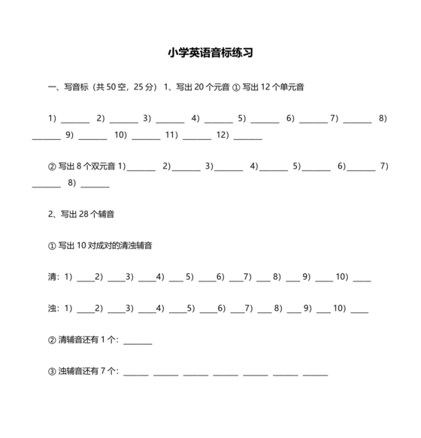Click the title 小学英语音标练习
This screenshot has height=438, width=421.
point(210,53)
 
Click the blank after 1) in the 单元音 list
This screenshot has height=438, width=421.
point(75,119)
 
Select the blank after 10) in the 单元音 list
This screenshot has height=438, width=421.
point(146,136)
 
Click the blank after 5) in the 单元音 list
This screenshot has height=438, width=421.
point(265,119)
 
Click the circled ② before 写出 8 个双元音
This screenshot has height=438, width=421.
point(52,166)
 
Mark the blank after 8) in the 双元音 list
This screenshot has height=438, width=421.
point(95,184)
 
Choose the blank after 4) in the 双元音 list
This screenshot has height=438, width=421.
point(274,166)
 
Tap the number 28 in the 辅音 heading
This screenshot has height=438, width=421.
point(85,214)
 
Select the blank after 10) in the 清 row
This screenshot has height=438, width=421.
point(362,278)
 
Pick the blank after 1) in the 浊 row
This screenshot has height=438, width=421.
point(85,309)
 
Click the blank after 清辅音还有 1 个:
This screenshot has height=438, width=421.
point(138,341)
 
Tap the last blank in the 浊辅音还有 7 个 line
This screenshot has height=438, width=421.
point(316,373)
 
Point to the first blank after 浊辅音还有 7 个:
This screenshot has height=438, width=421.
point(136,373)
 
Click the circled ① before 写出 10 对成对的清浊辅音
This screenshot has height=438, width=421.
point(52,246)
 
